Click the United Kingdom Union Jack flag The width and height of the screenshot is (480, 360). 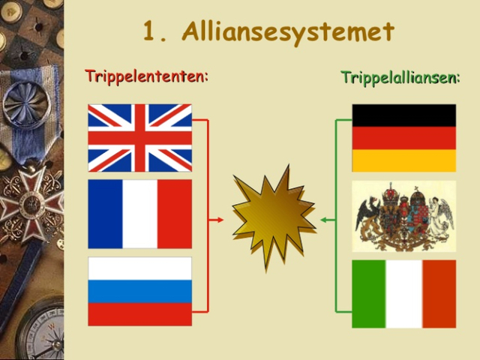139,138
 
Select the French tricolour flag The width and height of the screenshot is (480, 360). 139,214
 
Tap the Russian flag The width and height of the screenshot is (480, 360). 139,291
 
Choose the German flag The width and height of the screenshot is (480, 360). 403,138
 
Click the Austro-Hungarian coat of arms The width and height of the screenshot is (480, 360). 403,215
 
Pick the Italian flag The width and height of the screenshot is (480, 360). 403,294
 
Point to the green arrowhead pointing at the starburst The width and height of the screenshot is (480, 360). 324,220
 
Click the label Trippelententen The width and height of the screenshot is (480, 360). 146,76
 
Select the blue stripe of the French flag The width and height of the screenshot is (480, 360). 105,214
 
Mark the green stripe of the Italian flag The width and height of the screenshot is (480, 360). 369,294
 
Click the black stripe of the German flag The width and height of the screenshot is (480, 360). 403,115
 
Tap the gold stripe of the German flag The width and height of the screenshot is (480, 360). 403,160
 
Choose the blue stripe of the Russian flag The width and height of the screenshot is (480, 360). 139,291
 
